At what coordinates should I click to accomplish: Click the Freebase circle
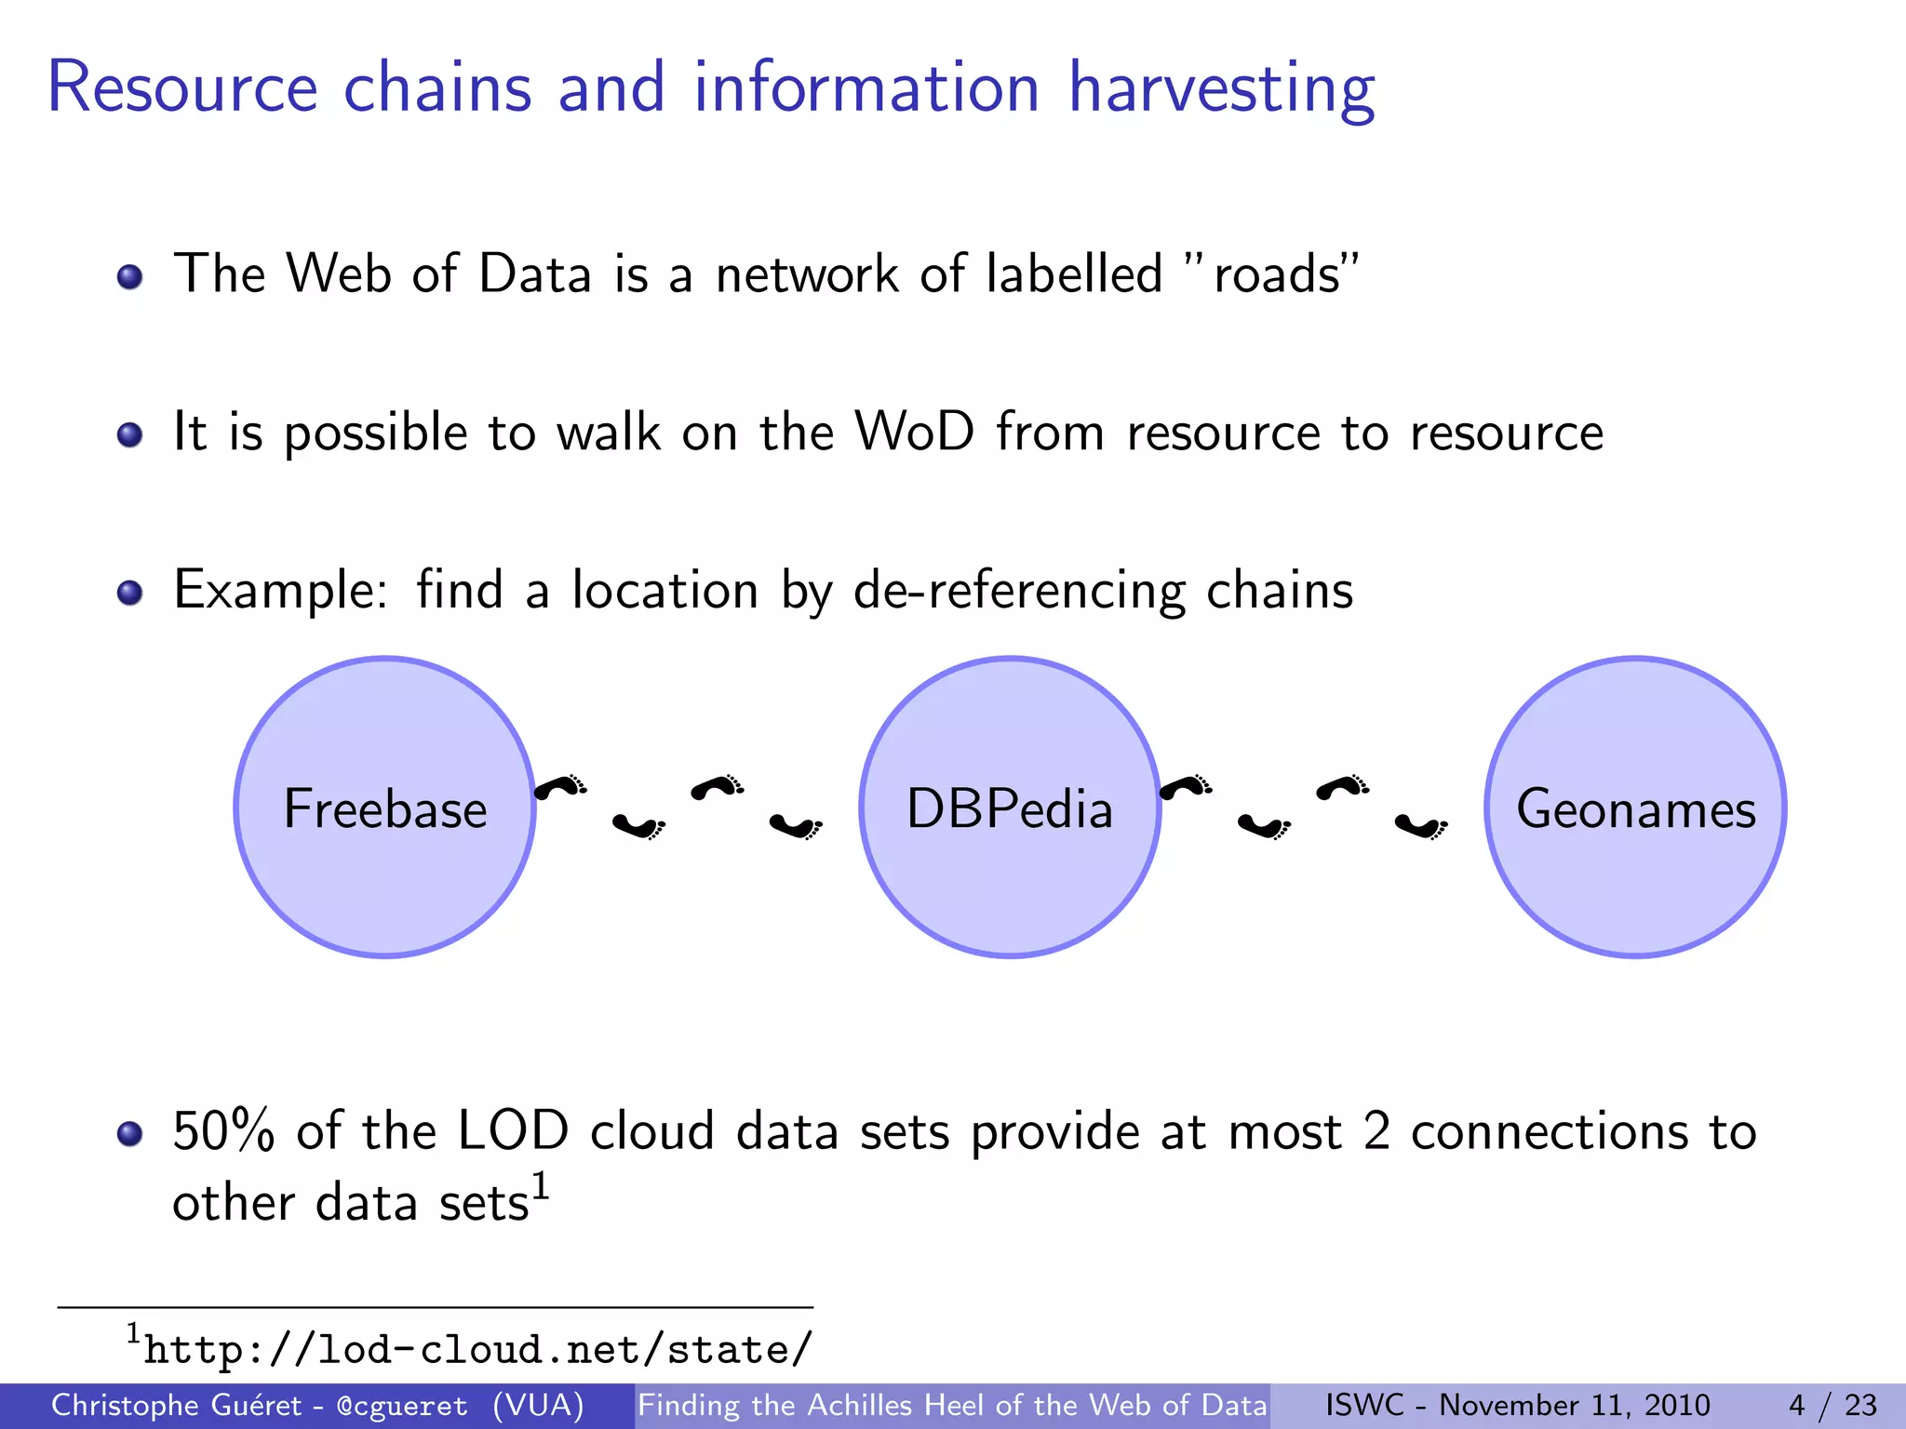pos(384,808)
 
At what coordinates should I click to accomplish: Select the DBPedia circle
pos(1010,808)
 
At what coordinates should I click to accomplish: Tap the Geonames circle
pos(1635,808)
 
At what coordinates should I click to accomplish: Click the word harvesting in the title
pos(1220,88)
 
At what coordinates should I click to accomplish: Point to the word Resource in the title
pos(182,88)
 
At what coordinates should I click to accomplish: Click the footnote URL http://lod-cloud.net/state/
pos(478,1350)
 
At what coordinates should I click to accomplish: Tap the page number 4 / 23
pos(1832,1405)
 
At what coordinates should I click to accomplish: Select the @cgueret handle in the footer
pos(402,1406)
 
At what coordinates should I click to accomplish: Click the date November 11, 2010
pos(1575,1405)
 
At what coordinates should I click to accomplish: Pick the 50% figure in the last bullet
pos(223,1132)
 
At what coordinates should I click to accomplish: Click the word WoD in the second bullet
pos(914,433)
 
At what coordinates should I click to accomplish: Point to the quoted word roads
pos(1277,275)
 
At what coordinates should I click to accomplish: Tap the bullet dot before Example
pos(130,593)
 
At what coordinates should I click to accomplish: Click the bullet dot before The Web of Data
pos(130,276)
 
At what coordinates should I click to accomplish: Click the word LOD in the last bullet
pos(513,1132)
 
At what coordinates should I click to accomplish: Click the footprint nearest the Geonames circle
pos(1421,825)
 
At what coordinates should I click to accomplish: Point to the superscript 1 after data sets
pos(541,1188)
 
